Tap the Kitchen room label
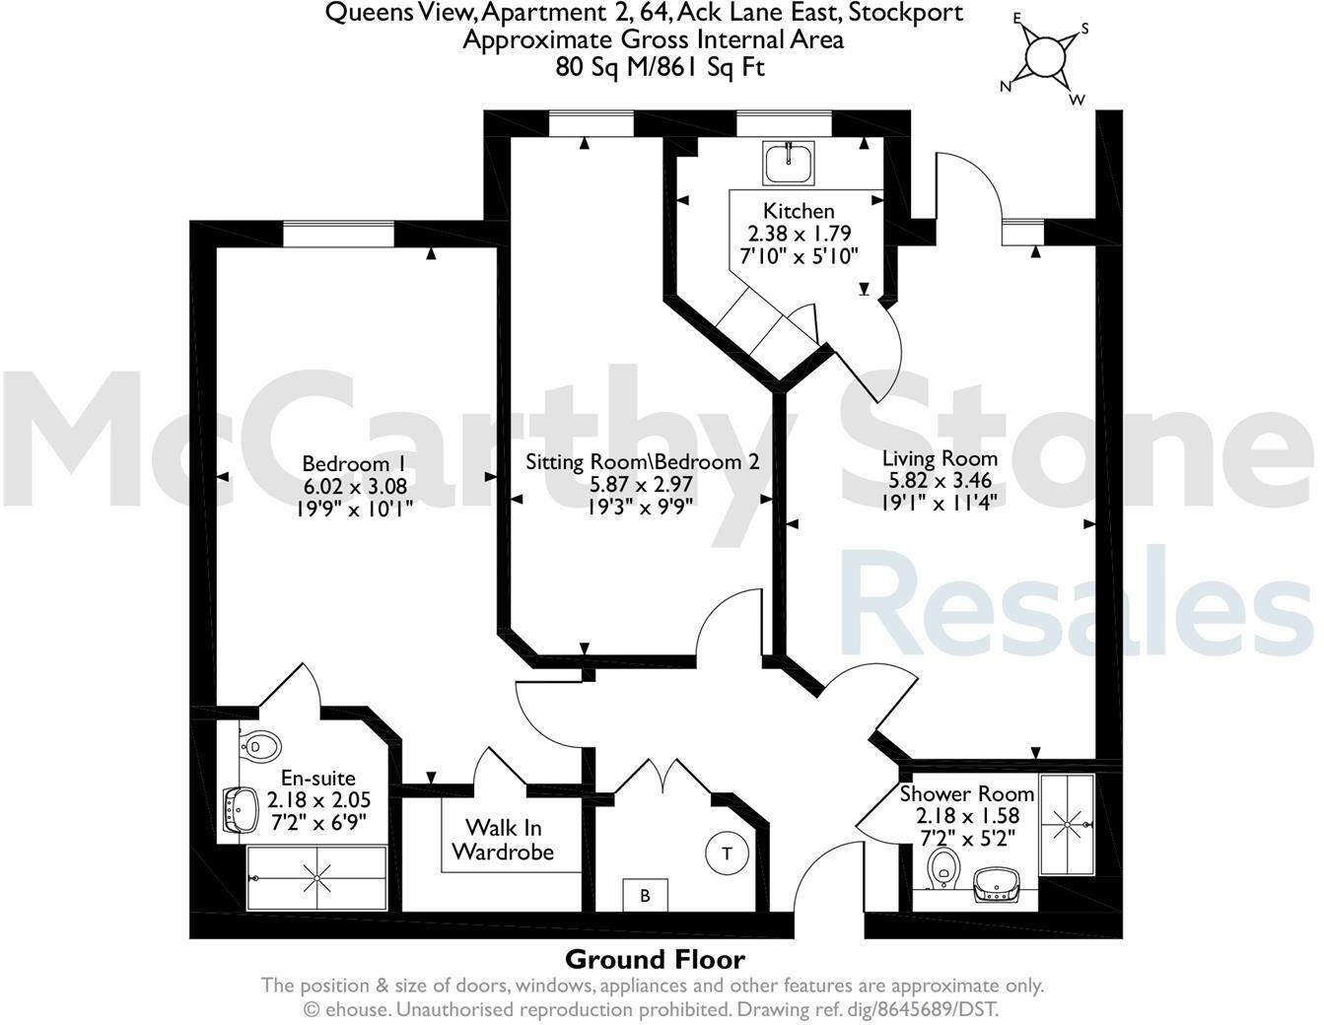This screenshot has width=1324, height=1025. (799, 211)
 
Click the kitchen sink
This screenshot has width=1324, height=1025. (789, 163)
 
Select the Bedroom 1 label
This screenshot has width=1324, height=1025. (354, 463)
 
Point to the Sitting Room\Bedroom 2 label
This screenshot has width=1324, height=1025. (642, 461)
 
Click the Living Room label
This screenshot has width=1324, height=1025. (940, 458)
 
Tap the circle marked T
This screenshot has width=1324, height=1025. (728, 853)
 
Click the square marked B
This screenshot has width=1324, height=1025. (646, 895)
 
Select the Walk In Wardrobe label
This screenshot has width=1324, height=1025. (503, 839)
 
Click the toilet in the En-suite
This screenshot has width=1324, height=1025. (259, 746)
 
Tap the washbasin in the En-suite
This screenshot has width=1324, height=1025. (238, 809)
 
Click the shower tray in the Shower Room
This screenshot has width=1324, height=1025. (1068, 823)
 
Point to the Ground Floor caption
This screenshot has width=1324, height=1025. (655, 959)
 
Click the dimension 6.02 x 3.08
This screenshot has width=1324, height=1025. (354, 486)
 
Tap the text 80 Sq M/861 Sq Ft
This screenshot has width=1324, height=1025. (659, 67)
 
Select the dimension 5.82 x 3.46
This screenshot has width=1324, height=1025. (940, 480)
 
